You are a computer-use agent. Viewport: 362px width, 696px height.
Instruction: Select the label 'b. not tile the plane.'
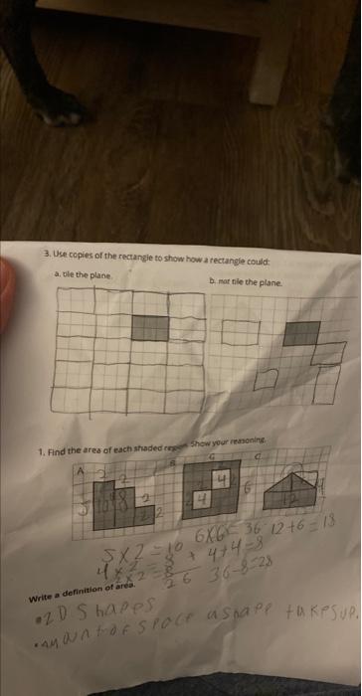tap(246, 282)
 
